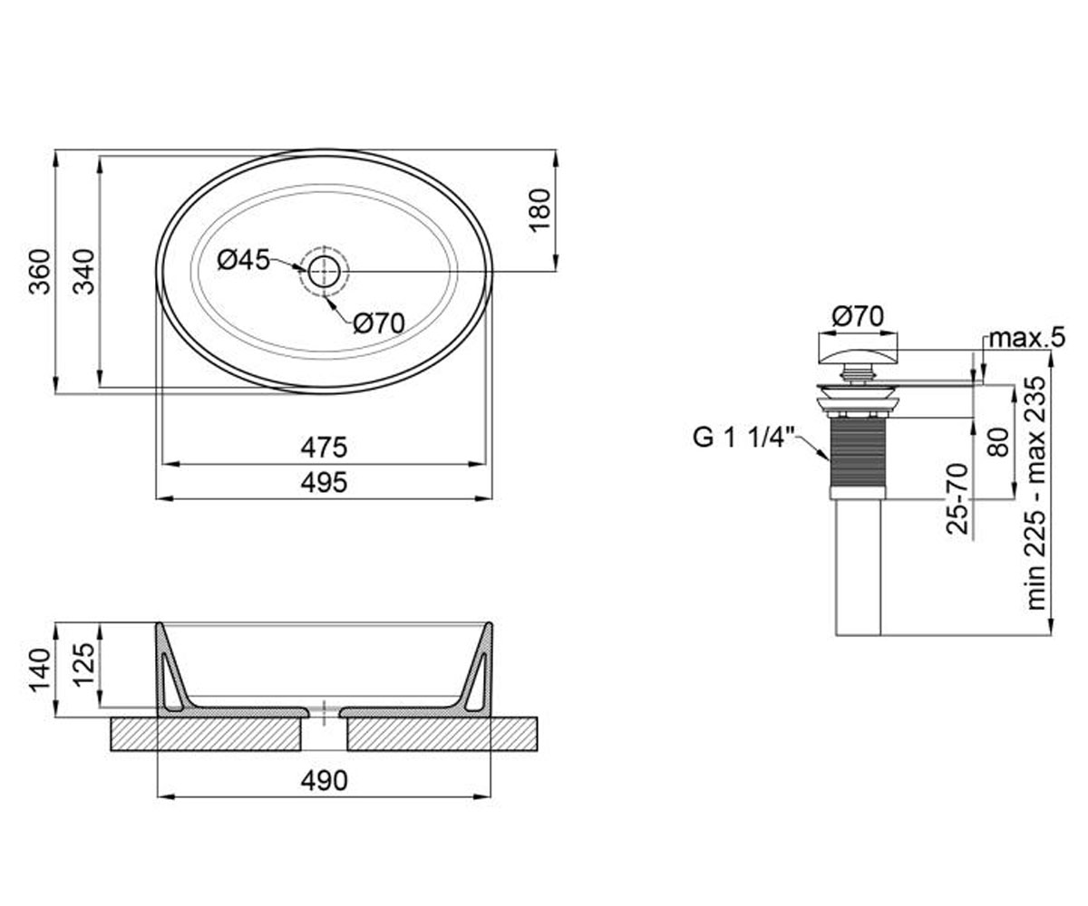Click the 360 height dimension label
point(40,272)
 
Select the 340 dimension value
point(84,272)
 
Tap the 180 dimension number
point(539,210)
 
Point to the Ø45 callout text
point(243,260)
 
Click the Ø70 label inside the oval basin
point(379,323)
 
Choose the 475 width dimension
point(324,448)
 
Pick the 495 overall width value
point(324,483)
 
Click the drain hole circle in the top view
point(324,272)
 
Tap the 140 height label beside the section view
point(40,670)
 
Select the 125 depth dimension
point(84,664)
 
